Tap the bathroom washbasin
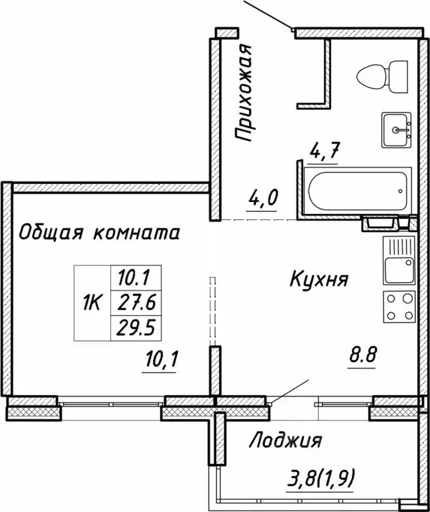point(396,130)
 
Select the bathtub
point(357,191)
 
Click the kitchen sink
point(399,261)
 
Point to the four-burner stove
point(399,307)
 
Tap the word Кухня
point(318,280)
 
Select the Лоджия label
point(286,441)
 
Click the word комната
point(136,234)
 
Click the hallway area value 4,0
point(263,198)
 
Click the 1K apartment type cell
point(93,303)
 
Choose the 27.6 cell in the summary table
point(136,303)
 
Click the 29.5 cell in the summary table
point(136,328)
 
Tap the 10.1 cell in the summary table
point(136,278)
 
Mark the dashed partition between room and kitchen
point(213,311)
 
